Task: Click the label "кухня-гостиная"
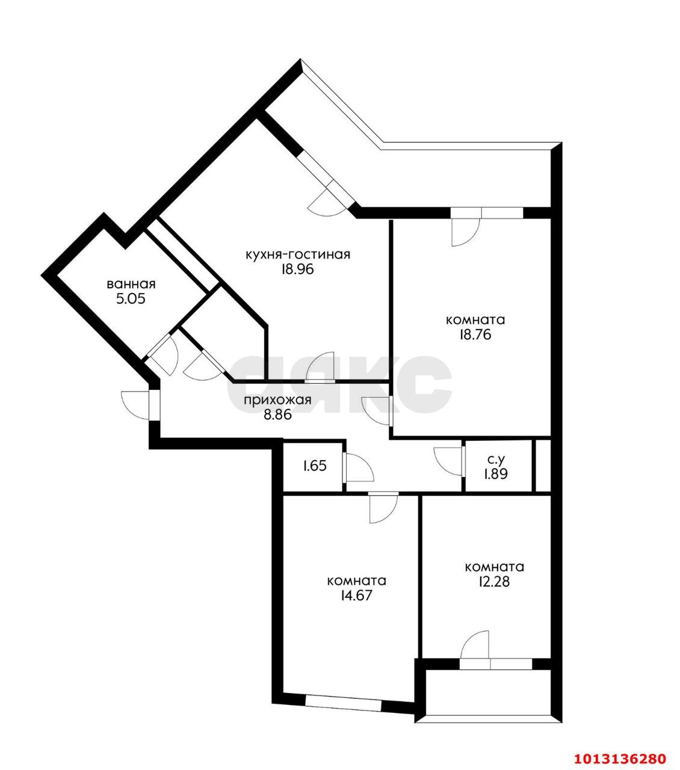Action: (x=297, y=254)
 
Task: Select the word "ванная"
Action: (x=131, y=284)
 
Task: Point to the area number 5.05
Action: (x=131, y=299)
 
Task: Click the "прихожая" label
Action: (x=277, y=400)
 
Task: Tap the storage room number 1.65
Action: (x=315, y=465)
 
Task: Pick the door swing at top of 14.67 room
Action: (x=383, y=508)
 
